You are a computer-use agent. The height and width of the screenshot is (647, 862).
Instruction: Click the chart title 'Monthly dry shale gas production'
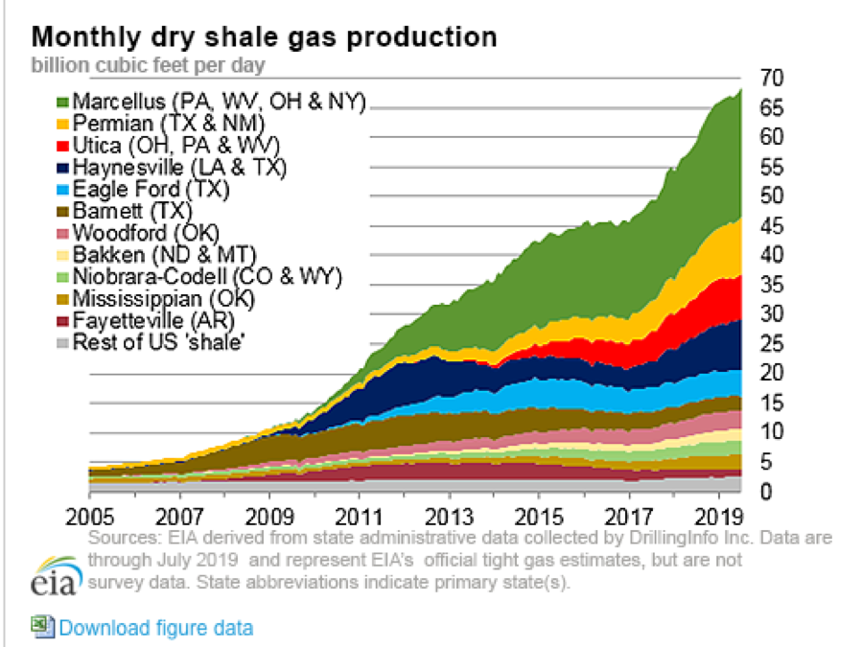coord(265,37)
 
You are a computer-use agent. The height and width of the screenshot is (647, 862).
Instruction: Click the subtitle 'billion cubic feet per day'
coord(149,65)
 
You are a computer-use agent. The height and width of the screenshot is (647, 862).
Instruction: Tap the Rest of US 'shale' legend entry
coord(156,342)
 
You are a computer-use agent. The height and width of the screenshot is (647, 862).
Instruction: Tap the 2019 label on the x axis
coord(721,508)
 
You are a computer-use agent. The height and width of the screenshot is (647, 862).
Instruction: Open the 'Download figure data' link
coord(156,628)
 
